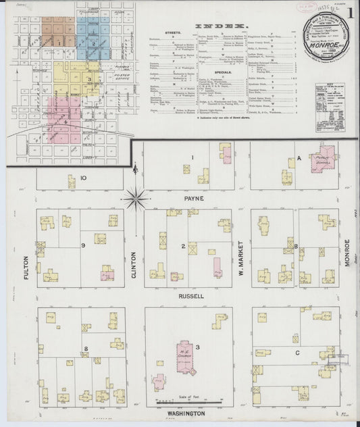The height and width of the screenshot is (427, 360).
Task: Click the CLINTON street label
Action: click(x=134, y=265)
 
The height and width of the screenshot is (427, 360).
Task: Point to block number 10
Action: click(x=83, y=178)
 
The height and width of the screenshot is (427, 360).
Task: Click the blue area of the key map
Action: click(x=93, y=37)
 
